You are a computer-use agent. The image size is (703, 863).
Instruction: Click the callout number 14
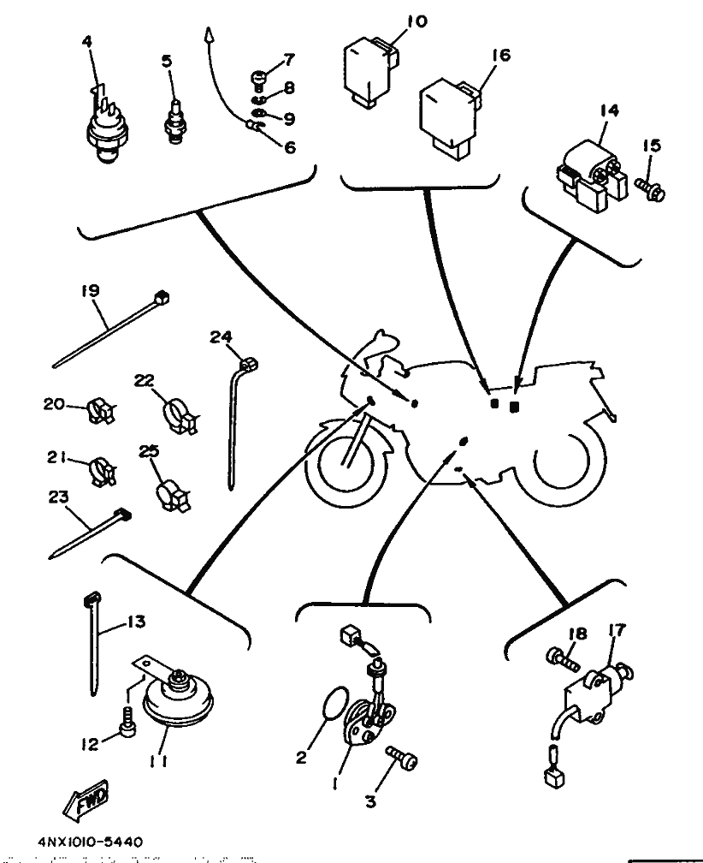[609, 110]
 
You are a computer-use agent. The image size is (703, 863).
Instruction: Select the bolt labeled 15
[650, 187]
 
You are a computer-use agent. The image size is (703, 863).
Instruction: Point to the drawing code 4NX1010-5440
[91, 842]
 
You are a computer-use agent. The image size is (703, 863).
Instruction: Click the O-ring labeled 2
[334, 702]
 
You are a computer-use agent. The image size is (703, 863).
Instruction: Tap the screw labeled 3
[402, 759]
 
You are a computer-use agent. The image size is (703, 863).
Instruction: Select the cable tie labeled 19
[110, 329]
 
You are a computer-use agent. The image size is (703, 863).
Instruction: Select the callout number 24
[221, 336]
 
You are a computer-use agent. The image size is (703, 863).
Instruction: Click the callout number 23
[58, 497]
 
